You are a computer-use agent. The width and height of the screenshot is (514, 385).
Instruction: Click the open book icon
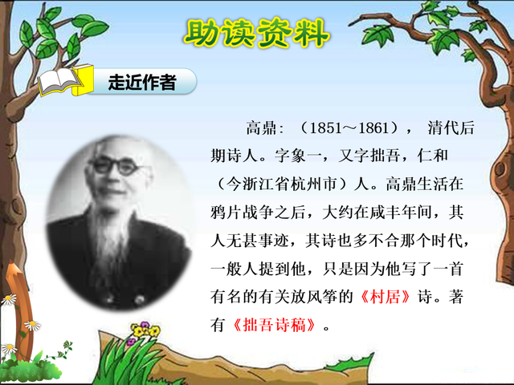click(x=60, y=81)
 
